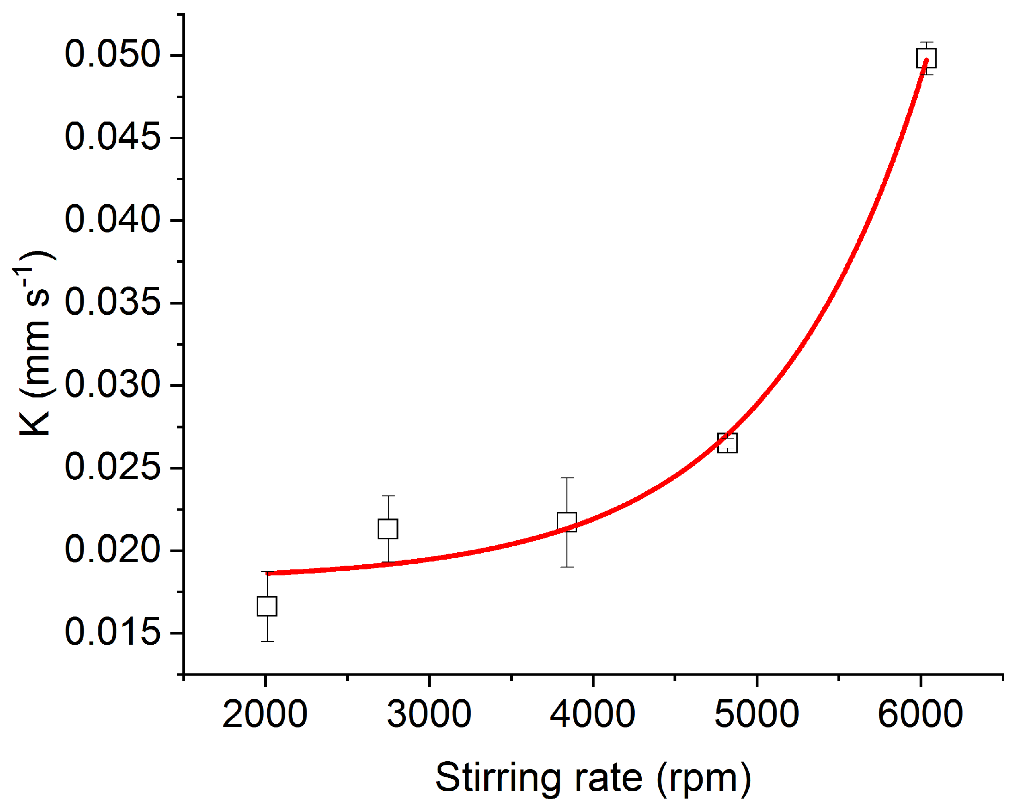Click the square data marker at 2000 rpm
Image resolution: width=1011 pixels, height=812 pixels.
267,606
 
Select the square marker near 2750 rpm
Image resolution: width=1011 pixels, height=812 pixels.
388,529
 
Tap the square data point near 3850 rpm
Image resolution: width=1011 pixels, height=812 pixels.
567,522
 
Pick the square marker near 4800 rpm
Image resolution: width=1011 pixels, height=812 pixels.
728,443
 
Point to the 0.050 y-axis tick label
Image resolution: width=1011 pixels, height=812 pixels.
113,55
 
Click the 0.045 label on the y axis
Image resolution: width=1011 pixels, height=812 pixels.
113,138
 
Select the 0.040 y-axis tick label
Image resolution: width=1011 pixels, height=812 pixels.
113,220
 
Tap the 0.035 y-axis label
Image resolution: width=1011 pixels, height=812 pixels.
113,303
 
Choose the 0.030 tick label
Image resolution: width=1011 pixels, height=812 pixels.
113,385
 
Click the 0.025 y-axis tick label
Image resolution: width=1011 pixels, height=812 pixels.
113,468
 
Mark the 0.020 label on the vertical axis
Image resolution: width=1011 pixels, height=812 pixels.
113,550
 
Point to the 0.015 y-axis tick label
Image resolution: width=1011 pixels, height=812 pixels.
113,633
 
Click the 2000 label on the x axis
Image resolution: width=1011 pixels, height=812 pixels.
265,715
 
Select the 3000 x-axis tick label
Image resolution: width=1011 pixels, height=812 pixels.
429,715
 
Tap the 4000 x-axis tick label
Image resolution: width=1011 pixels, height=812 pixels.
593,715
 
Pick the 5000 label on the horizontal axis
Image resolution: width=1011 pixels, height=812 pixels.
757,715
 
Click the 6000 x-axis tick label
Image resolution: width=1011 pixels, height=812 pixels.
921,715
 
